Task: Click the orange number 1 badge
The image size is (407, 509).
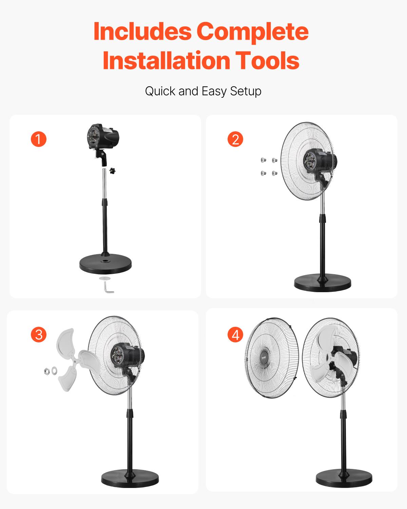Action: (x=38, y=139)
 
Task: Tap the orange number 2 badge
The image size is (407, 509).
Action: (x=235, y=139)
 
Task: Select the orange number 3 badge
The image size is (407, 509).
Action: (x=39, y=335)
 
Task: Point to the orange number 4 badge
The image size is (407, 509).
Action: (x=235, y=335)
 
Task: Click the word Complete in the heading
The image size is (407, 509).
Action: (x=252, y=31)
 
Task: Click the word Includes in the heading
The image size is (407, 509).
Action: (x=142, y=31)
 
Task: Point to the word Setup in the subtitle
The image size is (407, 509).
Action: (x=246, y=91)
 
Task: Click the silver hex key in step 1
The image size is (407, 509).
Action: (x=109, y=288)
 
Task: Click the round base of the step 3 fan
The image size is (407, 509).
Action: (x=130, y=478)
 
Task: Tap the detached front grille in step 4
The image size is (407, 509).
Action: (x=271, y=358)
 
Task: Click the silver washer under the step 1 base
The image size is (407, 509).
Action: (x=105, y=278)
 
